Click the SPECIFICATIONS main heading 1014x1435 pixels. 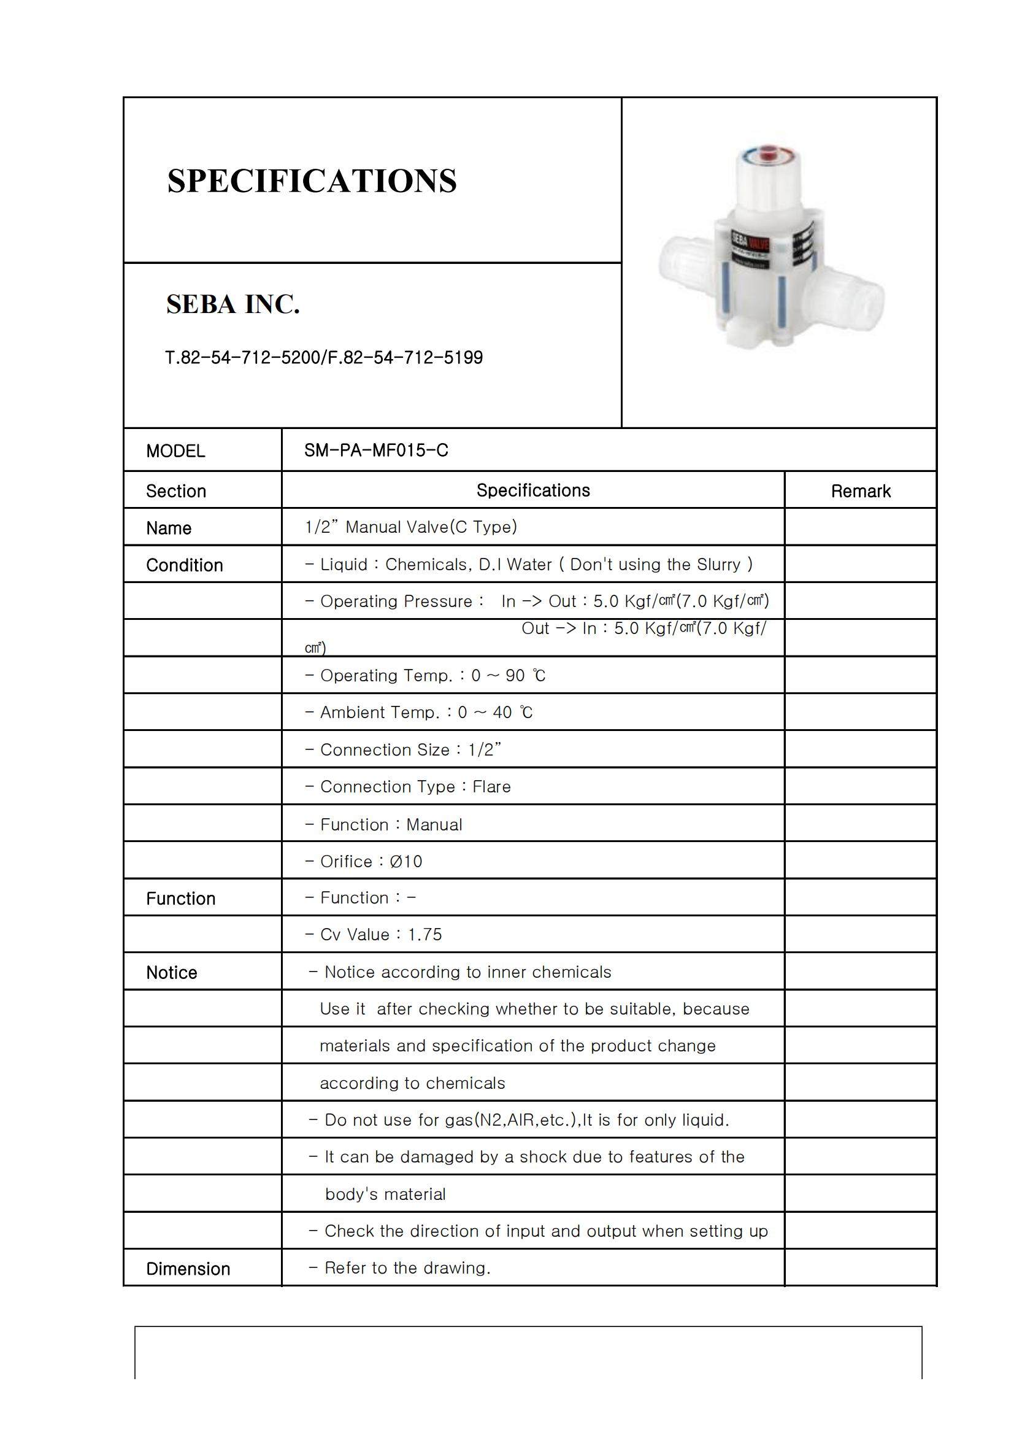312,181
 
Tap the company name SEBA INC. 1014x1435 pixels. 233,304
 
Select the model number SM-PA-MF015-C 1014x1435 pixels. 376,450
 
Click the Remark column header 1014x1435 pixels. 859,491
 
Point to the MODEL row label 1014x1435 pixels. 175,451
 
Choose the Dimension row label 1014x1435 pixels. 188,1269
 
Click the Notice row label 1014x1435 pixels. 171,972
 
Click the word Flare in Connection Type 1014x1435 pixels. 492,786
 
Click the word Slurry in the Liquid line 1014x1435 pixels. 714,565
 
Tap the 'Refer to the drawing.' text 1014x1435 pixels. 407,1267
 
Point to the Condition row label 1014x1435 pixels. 184,565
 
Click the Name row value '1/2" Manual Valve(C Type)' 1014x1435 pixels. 411,527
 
